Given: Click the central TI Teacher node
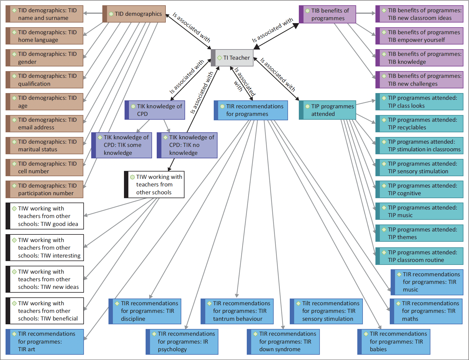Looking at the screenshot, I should [232, 58].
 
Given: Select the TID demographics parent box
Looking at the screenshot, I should [134, 14].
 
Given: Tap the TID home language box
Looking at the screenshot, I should [44, 36].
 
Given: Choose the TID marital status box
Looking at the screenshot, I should [44, 145].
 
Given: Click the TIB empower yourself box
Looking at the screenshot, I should [419, 36].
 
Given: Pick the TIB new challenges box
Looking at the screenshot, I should [419, 80].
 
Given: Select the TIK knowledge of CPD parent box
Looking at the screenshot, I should [155, 110].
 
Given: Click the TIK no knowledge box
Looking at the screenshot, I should [187, 145].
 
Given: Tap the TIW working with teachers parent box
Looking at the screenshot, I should [154, 184].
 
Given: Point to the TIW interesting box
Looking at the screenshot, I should [45, 248].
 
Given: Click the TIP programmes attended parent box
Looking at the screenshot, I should [327, 110].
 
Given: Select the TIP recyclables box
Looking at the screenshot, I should [419, 124].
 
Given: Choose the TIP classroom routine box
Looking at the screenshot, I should [419, 256].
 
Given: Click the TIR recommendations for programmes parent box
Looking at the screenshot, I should [251, 110].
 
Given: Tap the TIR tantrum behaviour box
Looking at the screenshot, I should [237, 311].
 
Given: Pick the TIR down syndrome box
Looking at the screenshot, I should [283, 342].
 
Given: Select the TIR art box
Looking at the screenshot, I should [45, 342].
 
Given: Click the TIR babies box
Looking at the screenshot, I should [394, 342].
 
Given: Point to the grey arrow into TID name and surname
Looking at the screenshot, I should [93, 13].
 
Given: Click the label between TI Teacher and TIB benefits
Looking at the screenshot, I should [273, 30].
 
